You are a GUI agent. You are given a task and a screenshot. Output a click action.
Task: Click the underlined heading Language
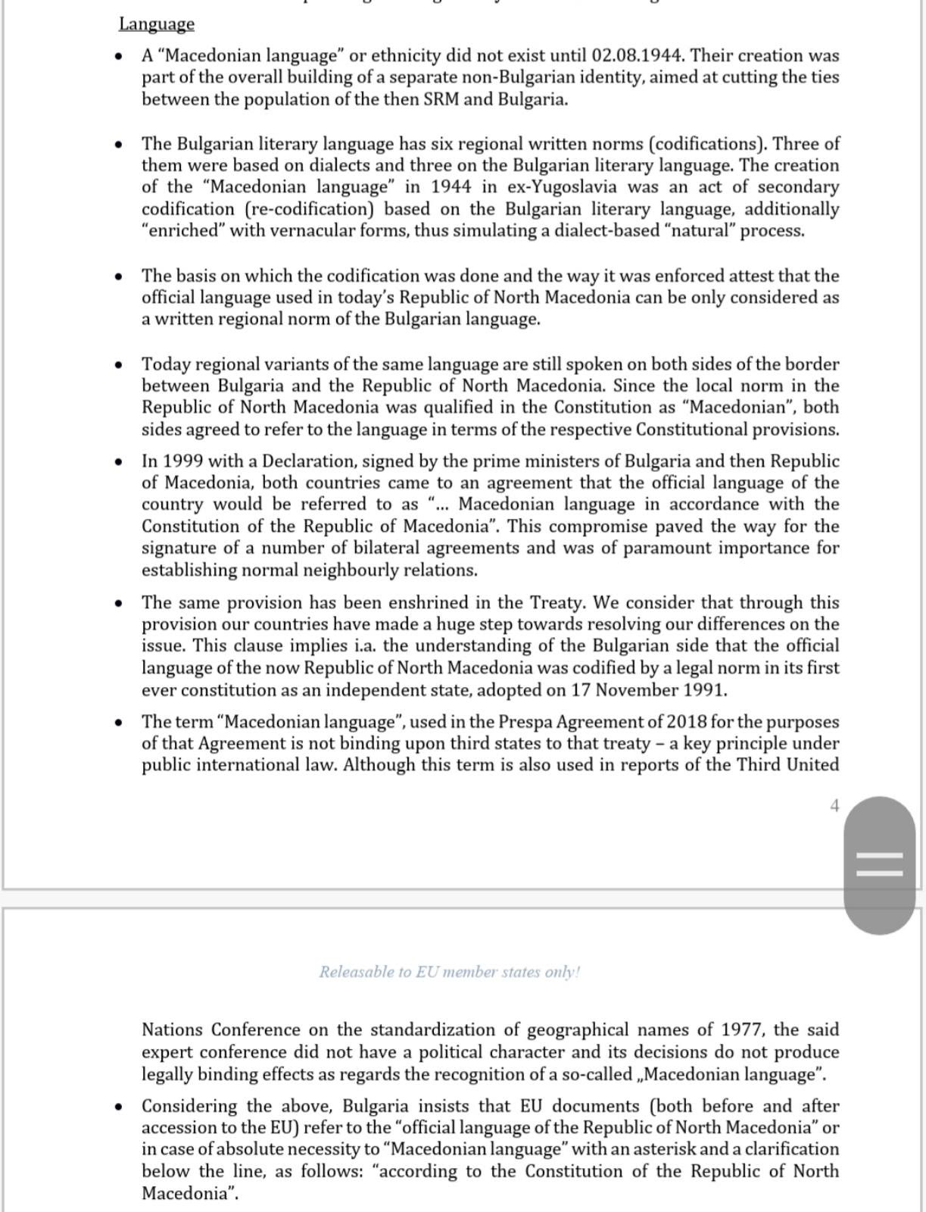tap(157, 24)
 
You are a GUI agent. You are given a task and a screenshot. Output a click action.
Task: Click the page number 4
tap(834, 806)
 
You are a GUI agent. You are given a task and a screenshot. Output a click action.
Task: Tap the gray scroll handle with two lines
tap(879, 865)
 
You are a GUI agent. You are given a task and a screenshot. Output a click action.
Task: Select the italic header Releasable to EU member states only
tap(449, 972)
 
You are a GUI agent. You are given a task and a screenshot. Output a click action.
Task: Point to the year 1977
tap(743, 1030)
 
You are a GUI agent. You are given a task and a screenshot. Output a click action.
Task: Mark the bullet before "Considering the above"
tap(118, 1107)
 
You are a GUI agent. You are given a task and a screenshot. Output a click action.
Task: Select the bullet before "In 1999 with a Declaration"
tap(118, 461)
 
